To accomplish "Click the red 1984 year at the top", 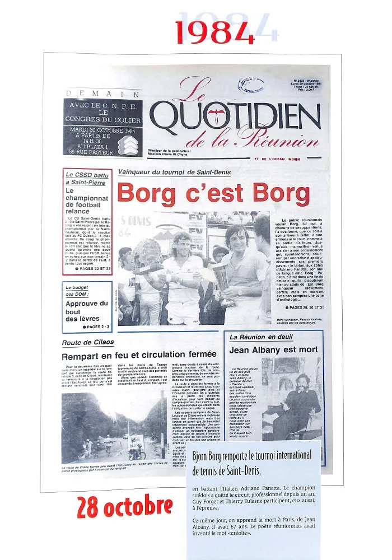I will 213,32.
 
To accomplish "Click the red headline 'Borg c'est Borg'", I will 213,193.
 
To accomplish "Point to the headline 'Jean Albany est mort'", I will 273,350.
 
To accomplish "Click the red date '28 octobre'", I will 124,507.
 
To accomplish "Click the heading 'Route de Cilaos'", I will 88,342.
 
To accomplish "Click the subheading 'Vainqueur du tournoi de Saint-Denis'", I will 166,172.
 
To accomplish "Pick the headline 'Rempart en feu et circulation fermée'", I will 139,354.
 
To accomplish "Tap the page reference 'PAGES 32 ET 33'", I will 93,269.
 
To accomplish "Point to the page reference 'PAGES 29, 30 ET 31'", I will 305,307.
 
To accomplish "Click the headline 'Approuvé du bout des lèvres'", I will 86,311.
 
